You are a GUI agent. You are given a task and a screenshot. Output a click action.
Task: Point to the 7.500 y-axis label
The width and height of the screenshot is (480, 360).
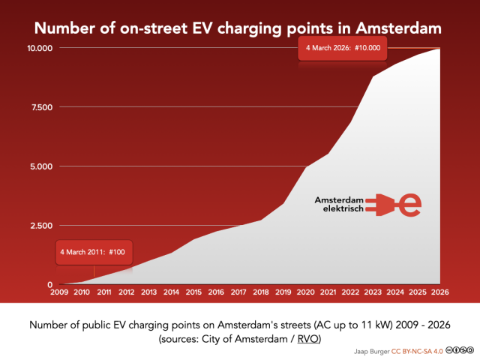tap(39, 107)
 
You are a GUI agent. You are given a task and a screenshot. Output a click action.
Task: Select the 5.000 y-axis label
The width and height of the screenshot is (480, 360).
tap(39, 166)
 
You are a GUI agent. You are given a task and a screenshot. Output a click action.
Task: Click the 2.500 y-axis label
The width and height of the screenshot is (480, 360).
tap(39, 226)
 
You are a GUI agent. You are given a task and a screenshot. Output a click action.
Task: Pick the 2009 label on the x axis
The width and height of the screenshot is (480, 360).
tap(59, 292)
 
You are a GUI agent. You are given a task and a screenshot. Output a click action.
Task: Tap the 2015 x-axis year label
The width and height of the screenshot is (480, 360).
tap(193, 292)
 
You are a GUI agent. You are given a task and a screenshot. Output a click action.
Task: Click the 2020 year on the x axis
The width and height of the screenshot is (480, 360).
tap(305, 292)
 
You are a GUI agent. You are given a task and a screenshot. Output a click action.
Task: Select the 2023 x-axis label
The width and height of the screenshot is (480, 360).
tap(372, 292)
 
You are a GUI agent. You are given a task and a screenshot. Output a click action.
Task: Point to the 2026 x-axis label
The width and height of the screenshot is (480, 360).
tap(439, 292)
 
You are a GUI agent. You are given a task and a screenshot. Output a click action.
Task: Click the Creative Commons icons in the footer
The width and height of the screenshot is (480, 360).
tap(460, 350)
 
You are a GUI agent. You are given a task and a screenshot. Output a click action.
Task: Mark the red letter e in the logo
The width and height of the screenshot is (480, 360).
tap(410, 203)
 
